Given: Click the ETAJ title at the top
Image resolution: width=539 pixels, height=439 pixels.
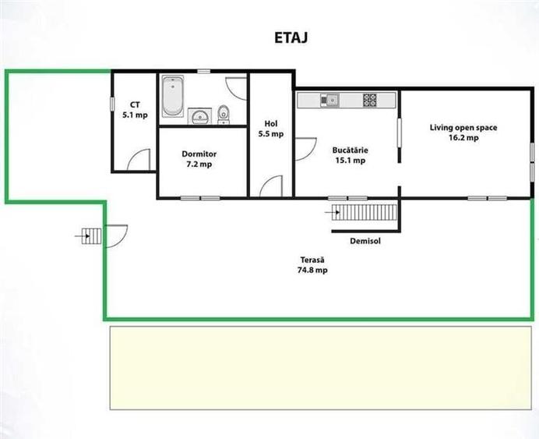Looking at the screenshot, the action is (291, 38).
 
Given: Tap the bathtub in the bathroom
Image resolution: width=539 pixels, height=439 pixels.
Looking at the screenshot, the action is (173, 96).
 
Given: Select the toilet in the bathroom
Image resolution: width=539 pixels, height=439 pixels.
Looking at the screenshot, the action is (224, 114).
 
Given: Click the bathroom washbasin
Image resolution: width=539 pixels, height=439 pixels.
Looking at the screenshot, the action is (199, 116).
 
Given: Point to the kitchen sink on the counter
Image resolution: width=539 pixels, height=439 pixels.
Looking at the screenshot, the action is (330, 100).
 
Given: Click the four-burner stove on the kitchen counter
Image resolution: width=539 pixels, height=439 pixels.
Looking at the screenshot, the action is (369, 100).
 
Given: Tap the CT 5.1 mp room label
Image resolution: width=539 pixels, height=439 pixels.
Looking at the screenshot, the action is (135, 110).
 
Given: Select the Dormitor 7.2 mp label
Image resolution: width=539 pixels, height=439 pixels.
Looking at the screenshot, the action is (199, 159).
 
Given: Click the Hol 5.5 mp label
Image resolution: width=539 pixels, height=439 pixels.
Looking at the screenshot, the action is (271, 129).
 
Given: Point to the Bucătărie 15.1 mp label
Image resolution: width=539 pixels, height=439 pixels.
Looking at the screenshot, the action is (351, 155).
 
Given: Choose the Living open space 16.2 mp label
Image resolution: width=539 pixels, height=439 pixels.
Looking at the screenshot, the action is (463, 133).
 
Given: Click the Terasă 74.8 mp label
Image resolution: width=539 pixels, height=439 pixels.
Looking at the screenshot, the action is (312, 265).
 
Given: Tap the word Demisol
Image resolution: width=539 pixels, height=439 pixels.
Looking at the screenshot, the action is (365, 241).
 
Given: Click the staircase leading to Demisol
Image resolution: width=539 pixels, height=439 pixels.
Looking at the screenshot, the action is (365, 212).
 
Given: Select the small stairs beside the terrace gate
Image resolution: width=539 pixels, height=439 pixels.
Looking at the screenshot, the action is (91, 236).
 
